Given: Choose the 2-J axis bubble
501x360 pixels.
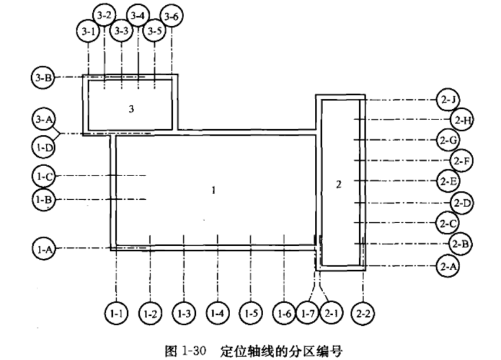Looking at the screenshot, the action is click(448, 100).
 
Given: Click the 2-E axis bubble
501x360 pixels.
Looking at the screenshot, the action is click(448, 180).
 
